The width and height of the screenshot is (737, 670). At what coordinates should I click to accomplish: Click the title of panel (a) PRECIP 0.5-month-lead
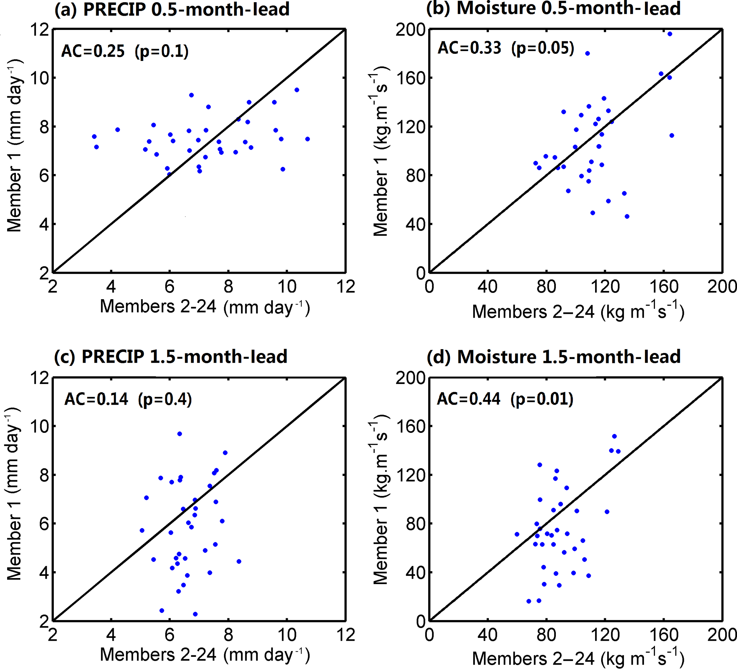172,10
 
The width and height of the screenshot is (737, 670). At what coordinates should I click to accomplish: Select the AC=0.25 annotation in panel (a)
93,51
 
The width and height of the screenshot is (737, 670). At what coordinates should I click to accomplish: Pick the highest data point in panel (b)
670,34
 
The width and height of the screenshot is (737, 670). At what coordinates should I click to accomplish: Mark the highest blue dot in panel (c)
179,434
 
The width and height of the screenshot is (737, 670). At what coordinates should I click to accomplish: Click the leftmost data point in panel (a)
94,137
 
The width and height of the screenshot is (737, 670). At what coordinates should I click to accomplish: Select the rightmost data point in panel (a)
307,139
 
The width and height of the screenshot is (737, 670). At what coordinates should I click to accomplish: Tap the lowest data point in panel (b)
627,216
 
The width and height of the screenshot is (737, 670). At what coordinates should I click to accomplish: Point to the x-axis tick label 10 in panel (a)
287,287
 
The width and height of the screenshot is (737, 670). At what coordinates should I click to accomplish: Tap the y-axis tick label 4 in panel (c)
44,572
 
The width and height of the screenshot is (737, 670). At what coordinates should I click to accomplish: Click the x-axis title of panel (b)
578,311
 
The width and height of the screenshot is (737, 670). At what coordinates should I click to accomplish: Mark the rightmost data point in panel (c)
239,562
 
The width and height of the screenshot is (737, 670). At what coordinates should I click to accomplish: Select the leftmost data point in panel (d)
517,535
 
